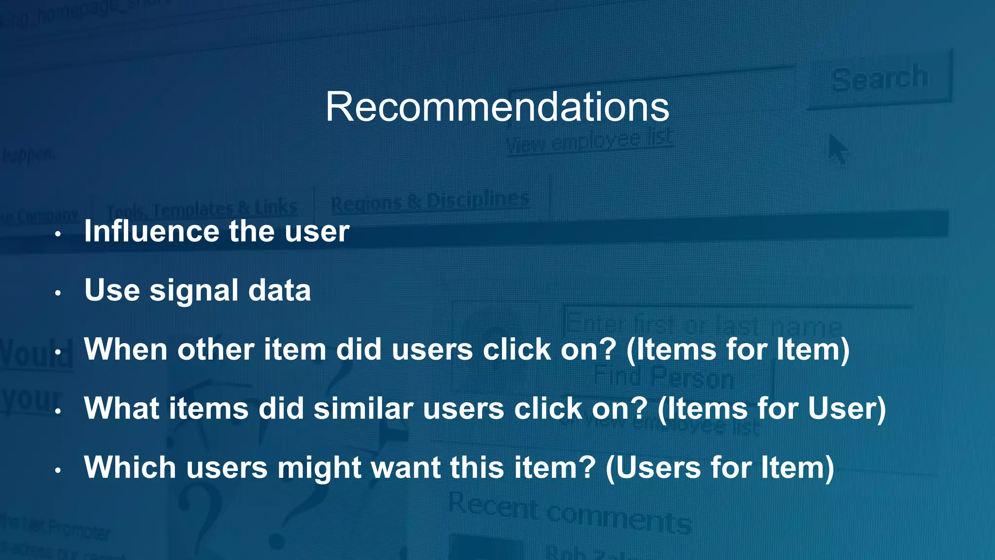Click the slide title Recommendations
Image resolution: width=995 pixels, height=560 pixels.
click(497, 107)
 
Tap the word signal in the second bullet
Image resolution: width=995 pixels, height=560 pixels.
click(193, 291)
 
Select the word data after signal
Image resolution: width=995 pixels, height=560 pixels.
click(279, 291)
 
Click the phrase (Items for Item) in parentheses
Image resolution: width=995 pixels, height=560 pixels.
click(738, 350)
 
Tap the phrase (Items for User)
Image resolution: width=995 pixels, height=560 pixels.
click(772, 409)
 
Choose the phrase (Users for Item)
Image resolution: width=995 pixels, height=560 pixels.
click(720, 468)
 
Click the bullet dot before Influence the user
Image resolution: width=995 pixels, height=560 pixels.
click(58, 234)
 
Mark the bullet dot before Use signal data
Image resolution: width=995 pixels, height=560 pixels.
click(58, 293)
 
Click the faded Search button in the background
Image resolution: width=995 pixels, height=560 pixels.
click(879, 79)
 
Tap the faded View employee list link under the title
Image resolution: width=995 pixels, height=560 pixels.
click(589, 141)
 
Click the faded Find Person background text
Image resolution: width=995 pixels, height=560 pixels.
click(663, 377)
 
